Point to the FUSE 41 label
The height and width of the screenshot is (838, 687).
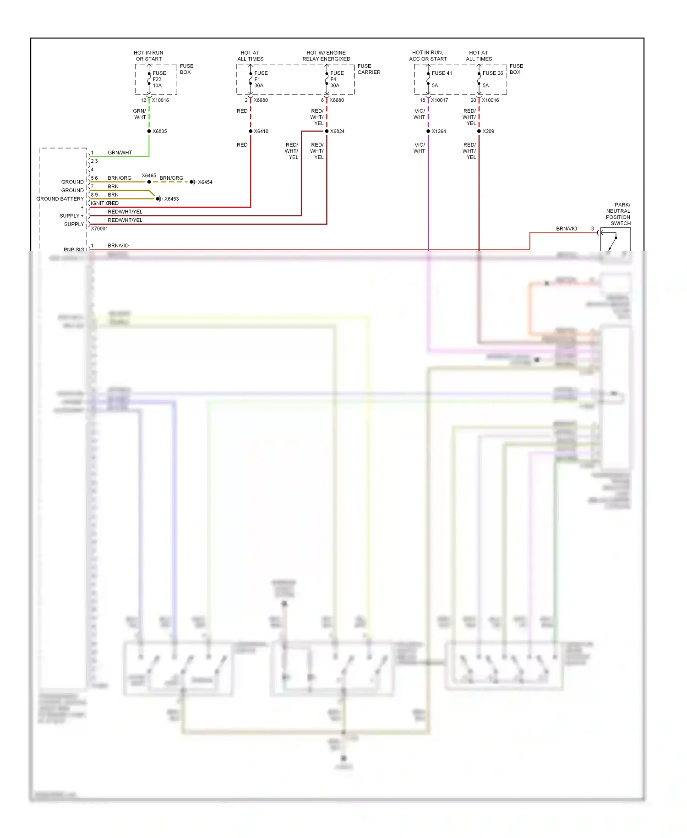click(x=442, y=73)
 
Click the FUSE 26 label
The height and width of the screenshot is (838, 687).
click(x=492, y=73)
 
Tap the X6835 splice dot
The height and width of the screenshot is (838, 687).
click(x=149, y=131)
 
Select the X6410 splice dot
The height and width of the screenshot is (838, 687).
click(x=251, y=131)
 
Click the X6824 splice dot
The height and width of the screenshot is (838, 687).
click(x=327, y=131)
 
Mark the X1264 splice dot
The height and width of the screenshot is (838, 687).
click(x=428, y=131)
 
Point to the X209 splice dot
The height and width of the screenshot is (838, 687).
click(x=479, y=131)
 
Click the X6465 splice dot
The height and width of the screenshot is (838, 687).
click(x=149, y=182)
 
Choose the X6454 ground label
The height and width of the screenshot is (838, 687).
click(x=205, y=182)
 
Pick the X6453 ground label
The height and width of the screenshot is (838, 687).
click(x=171, y=199)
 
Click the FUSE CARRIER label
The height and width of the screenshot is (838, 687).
click(x=369, y=69)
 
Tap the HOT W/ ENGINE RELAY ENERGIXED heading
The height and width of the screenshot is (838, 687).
click(x=326, y=56)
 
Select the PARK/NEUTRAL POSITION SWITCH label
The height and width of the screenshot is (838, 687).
click(x=618, y=214)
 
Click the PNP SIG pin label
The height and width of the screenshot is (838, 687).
click(x=74, y=249)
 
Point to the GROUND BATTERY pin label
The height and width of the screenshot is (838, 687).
click(x=60, y=199)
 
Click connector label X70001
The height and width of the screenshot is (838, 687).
click(x=99, y=228)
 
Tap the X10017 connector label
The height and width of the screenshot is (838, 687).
click(x=439, y=100)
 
